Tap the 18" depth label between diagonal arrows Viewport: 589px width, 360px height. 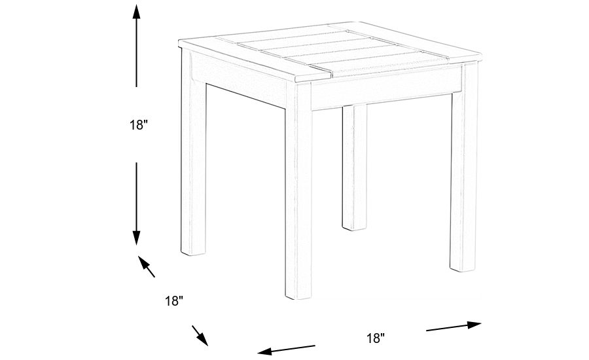coord(173,301)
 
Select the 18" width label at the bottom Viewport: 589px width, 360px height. coord(375,338)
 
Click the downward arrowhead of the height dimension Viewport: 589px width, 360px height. coord(136,239)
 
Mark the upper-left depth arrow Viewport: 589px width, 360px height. coord(146,266)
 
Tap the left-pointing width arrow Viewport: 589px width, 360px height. coord(285,349)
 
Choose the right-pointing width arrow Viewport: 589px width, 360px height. coord(455,325)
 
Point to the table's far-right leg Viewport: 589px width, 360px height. coord(463,170)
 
